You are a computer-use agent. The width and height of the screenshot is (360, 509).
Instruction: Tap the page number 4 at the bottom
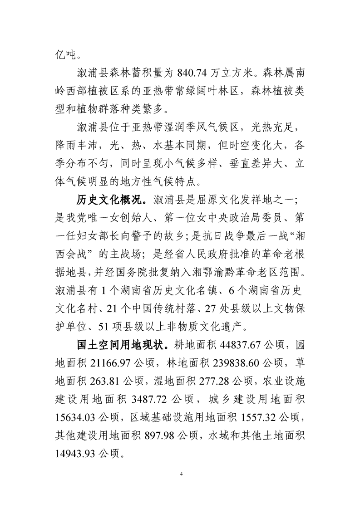point(181,474)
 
